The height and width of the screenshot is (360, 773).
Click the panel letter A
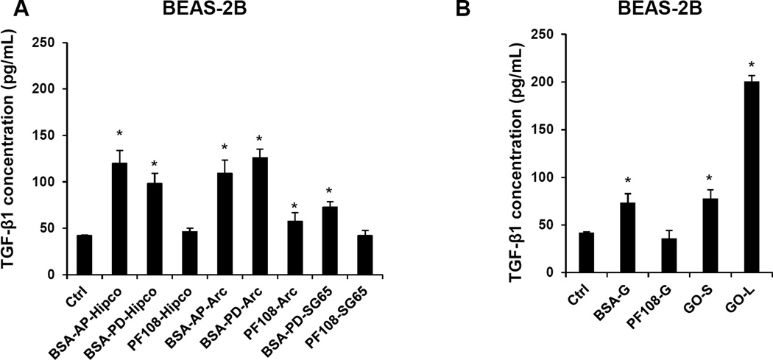(x=10, y=10)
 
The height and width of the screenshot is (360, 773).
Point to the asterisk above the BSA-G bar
(x=582, y=181)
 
